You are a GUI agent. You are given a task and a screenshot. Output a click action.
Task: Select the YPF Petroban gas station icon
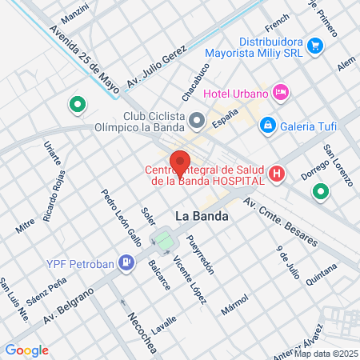pyautogui.click(x=125, y=262)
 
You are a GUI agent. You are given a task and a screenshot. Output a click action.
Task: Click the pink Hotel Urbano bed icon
pyautogui.click(x=280, y=93)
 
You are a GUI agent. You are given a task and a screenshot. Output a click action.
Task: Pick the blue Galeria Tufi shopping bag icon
pyautogui.click(x=268, y=125)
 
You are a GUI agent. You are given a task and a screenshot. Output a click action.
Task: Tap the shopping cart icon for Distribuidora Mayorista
pyautogui.click(x=315, y=46)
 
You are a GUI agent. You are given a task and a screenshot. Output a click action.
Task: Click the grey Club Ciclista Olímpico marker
pyautogui.click(x=198, y=121)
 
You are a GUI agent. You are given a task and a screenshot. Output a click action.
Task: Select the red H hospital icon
pyautogui.click(x=277, y=173)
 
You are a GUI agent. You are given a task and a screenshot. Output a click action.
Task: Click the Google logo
pyautogui.click(x=26, y=350)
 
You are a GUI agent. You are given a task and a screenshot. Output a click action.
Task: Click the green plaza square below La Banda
pyautogui.click(x=165, y=239)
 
